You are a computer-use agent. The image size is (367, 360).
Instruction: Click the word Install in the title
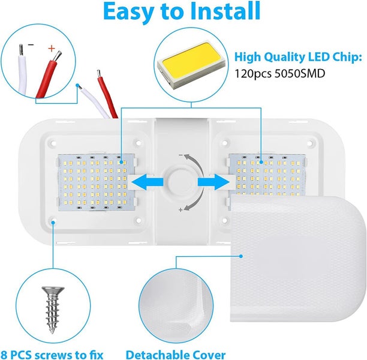point(225,11)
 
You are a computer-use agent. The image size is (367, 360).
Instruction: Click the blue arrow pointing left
point(148,182)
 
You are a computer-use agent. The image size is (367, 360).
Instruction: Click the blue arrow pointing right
point(213,182)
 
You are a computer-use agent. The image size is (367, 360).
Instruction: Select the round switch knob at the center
point(181,182)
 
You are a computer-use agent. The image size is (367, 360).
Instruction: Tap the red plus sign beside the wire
point(51,49)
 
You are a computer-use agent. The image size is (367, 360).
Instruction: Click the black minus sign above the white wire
point(31,44)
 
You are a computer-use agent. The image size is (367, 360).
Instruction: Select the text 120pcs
point(253,74)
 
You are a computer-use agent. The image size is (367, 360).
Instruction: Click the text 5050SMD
point(300,73)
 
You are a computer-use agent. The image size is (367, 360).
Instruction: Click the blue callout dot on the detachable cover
point(241,256)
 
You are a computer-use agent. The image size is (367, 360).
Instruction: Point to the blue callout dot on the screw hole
point(53,222)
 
